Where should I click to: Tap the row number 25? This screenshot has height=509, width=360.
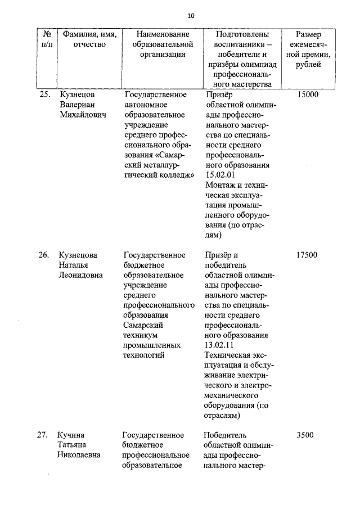tap(45, 94)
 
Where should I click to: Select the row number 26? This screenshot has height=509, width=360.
tap(44, 255)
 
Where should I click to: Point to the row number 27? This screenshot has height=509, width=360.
tap(44, 435)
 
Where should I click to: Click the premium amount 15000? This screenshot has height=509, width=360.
tap(307, 94)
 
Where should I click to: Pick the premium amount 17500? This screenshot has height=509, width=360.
tap(307, 255)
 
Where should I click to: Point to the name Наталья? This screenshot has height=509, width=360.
tap(75, 265)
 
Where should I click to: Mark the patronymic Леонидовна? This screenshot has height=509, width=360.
tap(81, 276)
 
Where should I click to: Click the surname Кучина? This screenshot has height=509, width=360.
tap(71, 435)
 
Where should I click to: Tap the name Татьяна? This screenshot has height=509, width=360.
tap(74, 445)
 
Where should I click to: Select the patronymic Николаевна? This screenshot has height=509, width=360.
tap(80, 455)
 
